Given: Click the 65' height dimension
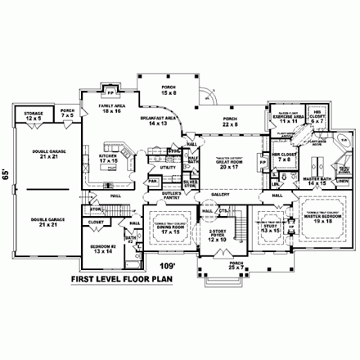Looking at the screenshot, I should click(x=7, y=173).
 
